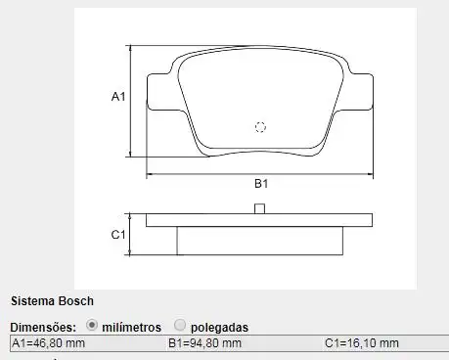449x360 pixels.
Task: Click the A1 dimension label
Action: (117, 97)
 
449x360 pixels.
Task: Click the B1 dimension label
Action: (261, 184)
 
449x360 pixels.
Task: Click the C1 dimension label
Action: (117, 235)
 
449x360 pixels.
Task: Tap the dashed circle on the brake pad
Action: (260, 126)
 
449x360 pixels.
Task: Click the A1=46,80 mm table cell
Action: (49, 343)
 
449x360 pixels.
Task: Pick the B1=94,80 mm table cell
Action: (204, 343)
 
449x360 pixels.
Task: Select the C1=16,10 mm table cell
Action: (362, 343)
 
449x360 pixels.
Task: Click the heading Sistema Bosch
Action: (52, 301)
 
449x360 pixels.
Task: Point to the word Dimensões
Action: (43, 326)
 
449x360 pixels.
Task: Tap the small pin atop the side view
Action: (259, 208)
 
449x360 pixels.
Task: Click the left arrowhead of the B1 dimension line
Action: (151, 174)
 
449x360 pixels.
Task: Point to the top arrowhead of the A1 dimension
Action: (131, 49)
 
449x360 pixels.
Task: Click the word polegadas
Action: (219, 326)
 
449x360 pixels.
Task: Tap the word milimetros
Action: (132, 326)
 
